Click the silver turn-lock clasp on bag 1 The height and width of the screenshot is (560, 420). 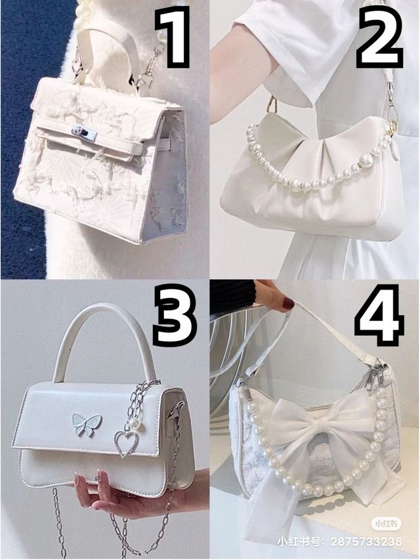point(84,133)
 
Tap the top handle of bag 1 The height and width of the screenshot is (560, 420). point(107,54)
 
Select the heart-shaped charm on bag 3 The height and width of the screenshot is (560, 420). point(125,444)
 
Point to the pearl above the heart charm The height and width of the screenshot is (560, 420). point(135,423)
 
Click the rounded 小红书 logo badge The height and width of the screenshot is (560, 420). point(387,524)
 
